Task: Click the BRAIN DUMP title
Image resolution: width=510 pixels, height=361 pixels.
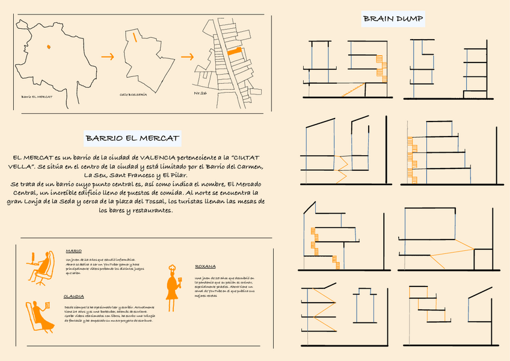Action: (x=393, y=20)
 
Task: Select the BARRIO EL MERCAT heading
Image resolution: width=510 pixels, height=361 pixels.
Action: (x=132, y=138)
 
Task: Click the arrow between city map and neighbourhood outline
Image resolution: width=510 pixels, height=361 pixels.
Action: (x=108, y=57)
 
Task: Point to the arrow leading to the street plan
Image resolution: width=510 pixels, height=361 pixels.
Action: (x=187, y=57)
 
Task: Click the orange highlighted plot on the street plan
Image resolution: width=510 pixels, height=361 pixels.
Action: (x=234, y=52)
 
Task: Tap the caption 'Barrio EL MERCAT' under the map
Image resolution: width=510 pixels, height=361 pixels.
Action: (x=37, y=96)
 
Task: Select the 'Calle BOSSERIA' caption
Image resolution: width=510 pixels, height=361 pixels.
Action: (x=133, y=94)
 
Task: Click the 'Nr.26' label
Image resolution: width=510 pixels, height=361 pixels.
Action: (x=200, y=94)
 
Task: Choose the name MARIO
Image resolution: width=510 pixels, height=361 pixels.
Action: (x=73, y=251)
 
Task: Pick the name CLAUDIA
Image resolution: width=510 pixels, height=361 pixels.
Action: (x=73, y=297)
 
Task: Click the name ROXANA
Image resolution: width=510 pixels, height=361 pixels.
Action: (x=205, y=266)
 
